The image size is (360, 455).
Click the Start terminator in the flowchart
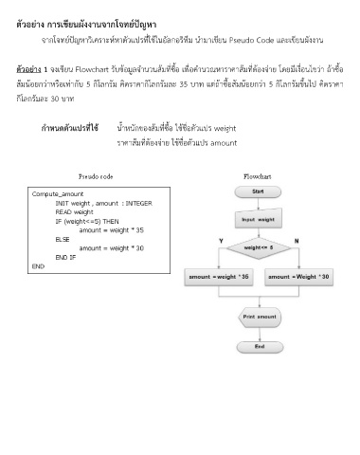coord(259,191)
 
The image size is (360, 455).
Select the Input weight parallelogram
coord(258,219)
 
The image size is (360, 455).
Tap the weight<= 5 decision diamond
coord(258,248)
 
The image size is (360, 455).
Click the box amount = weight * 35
coord(219,276)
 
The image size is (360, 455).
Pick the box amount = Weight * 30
coord(299,276)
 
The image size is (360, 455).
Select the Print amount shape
coord(259,316)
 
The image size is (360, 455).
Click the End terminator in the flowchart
coord(259,347)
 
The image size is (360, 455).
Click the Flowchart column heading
coord(258,176)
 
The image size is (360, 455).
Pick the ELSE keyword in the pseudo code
coord(63,239)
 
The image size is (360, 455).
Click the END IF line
coord(66,257)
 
